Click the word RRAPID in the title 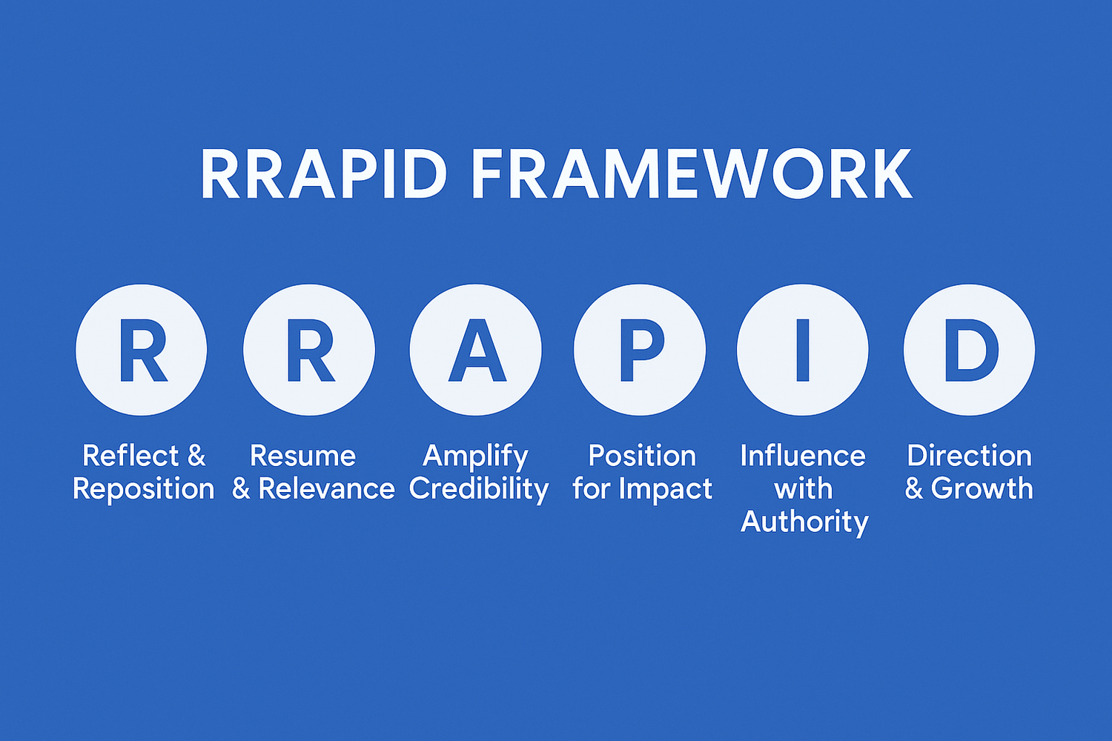[x=324, y=173]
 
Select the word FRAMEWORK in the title [x=692, y=173]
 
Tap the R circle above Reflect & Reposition [x=142, y=350]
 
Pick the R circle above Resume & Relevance [x=309, y=350]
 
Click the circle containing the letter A [x=476, y=350]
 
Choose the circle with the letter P [x=639, y=350]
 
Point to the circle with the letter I [x=803, y=350]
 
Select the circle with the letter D [x=970, y=350]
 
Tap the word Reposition [x=144, y=489]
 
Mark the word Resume [x=302, y=456]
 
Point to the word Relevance [x=327, y=488]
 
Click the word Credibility [x=479, y=490]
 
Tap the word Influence [x=803, y=455]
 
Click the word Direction [x=970, y=455]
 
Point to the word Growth [x=982, y=488]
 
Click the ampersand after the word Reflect [x=196, y=455]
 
